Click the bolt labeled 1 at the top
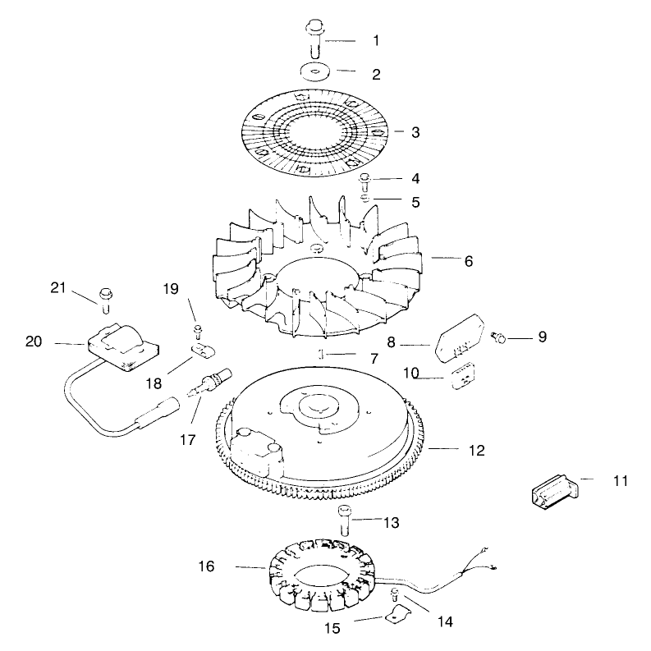[x=314, y=36]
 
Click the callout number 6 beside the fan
[x=468, y=261]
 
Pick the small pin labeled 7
[x=322, y=354]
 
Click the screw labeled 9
[x=497, y=337]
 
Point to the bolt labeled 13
[x=345, y=522]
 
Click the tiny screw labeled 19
[x=197, y=332]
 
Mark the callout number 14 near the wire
[x=444, y=622]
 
